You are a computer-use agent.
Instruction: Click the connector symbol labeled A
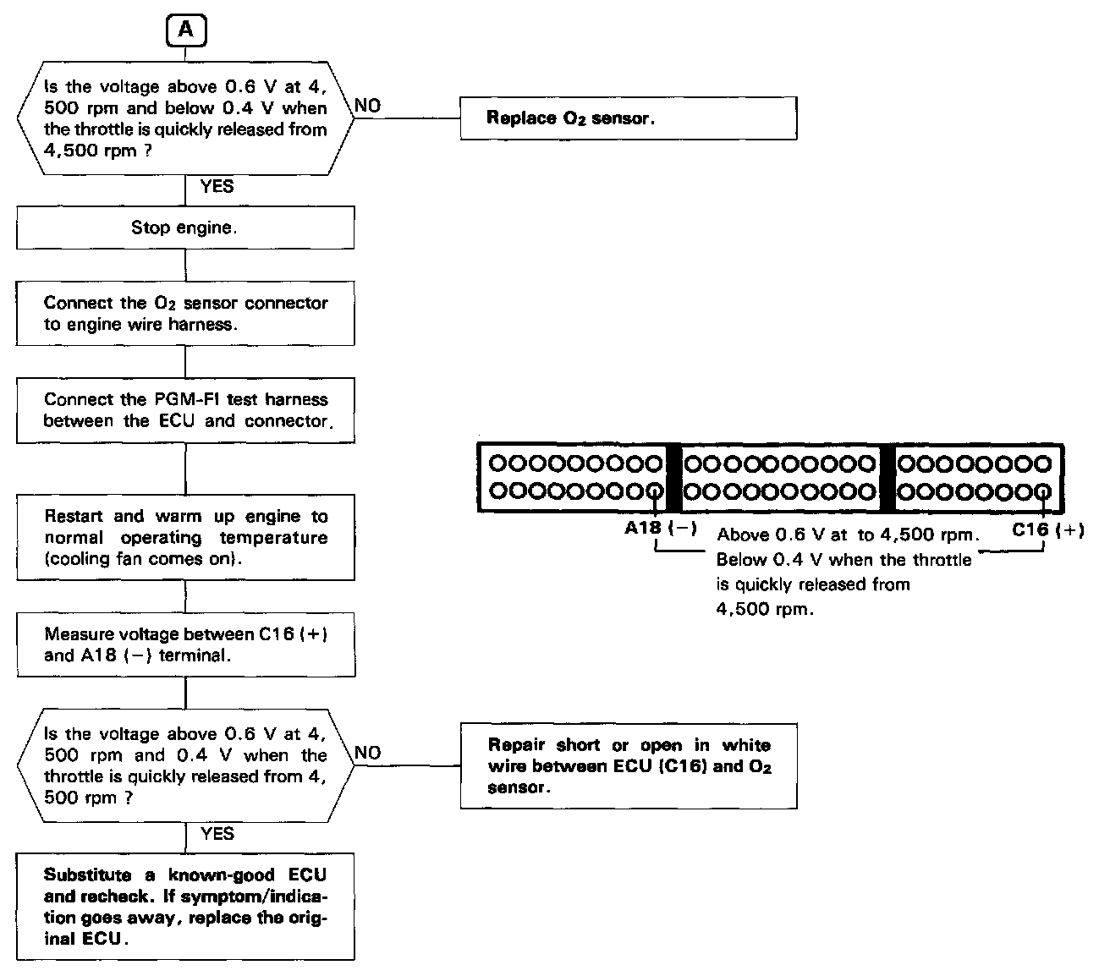pyautogui.click(x=185, y=30)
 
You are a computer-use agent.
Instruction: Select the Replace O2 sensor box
pyautogui.click(x=628, y=118)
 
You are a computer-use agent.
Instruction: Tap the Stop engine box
pyautogui.click(x=185, y=228)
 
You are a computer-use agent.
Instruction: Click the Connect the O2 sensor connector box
pyautogui.click(x=185, y=313)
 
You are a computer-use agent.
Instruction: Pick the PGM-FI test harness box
pyautogui.click(x=185, y=410)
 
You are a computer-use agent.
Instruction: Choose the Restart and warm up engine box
pyautogui.click(x=185, y=537)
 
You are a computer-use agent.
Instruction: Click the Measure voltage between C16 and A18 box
pyautogui.click(x=185, y=644)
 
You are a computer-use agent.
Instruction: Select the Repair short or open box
pyautogui.click(x=628, y=766)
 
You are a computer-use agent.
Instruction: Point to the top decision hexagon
pyautogui.click(x=185, y=118)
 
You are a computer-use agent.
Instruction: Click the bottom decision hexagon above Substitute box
pyautogui.click(x=185, y=765)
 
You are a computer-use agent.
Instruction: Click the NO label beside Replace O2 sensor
pyautogui.click(x=367, y=106)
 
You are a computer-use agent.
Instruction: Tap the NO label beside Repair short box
pyautogui.click(x=367, y=753)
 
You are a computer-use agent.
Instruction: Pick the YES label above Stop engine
pyautogui.click(x=217, y=187)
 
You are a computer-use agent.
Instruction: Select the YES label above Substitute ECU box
pyautogui.click(x=217, y=834)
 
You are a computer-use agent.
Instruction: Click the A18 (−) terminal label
pyautogui.click(x=660, y=529)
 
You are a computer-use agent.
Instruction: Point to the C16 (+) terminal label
pyautogui.click(x=1047, y=530)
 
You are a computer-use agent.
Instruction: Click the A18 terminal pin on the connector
pyautogui.click(x=654, y=490)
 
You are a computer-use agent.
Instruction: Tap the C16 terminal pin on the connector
pyautogui.click(x=1044, y=490)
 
